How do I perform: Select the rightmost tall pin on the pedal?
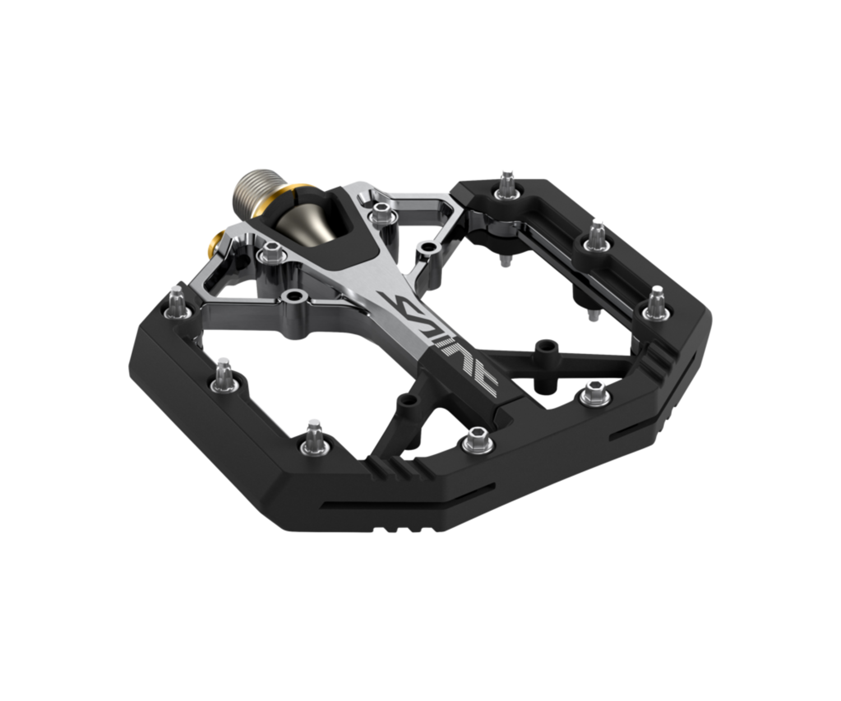(656, 303)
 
